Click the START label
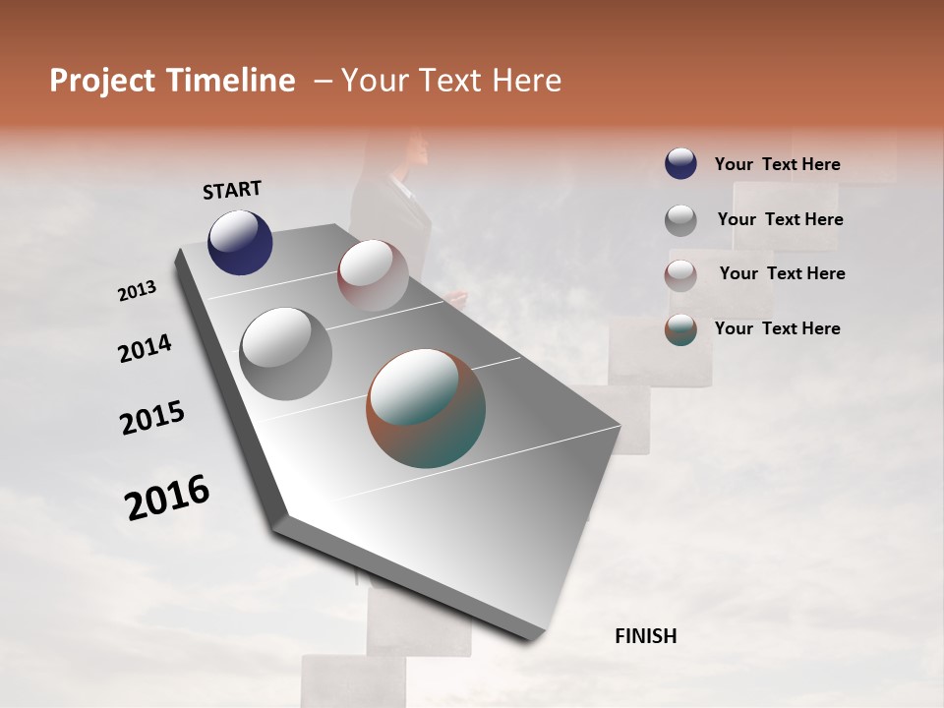[x=232, y=190]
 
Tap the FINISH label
[x=645, y=636]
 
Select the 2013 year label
[x=137, y=291]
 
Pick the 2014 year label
[x=145, y=349]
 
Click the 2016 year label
[x=167, y=498]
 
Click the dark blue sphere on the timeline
[x=240, y=243]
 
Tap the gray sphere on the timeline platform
[x=285, y=354]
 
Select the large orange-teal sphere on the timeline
[x=426, y=408]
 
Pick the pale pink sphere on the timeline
[x=373, y=275]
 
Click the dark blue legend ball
[x=680, y=163]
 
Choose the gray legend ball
[x=680, y=219]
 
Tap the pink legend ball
[x=680, y=274]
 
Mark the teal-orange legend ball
[x=680, y=329]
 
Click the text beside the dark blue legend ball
[x=777, y=164]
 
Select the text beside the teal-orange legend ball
[x=777, y=328]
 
